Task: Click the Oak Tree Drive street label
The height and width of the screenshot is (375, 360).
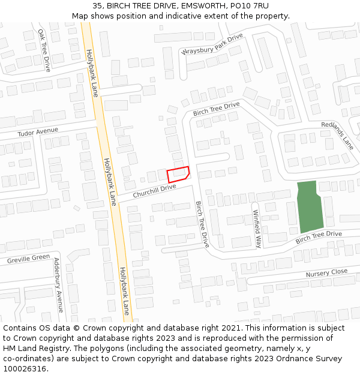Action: click(44, 50)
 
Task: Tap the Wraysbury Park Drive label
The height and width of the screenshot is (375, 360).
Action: click(212, 45)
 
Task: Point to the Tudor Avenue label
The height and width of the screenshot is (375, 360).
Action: click(38, 132)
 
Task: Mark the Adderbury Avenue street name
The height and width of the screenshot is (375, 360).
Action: click(58, 285)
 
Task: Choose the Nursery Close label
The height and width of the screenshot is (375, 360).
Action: click(326, 274)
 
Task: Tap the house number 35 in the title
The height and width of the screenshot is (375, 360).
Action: click(98, 6)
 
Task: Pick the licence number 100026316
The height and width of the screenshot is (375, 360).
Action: click(25, 369)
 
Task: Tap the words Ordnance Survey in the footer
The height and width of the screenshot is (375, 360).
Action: click(311, 359)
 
